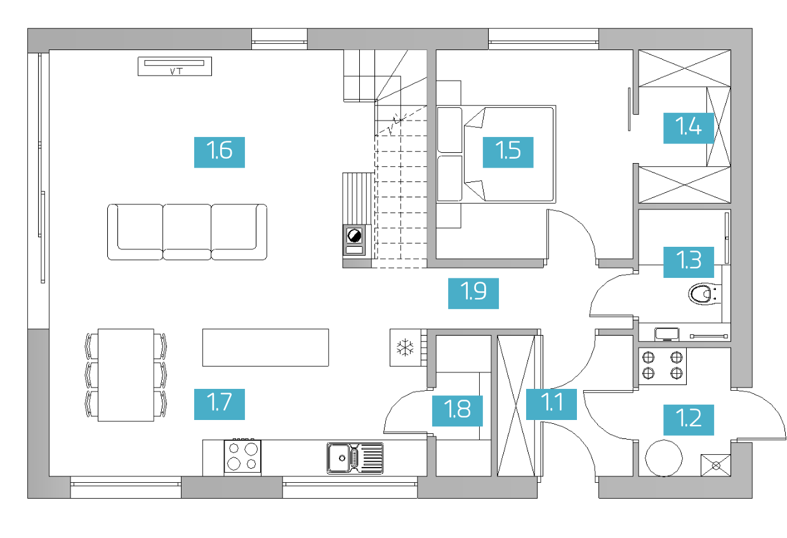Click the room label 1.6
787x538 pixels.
pyautogui.click(x=219, y=152)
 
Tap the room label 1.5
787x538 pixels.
pyautogui.click(x=508, y=152)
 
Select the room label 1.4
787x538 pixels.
pyautogui.click(x=688, y=128)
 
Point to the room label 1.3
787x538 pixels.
pyautogui.click(x=688, y=262)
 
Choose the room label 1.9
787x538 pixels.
pyautogui.click(x=473, y=293)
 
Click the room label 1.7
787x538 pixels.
pyautogui.click(x=219, y=404)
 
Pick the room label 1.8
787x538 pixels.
pyautogui.click(x=457, y=411)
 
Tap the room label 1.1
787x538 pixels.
pyautogui.click(x=552, y=404)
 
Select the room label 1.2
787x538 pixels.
pyautogui.click(x=688, y=420)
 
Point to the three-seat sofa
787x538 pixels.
pyautogui.click(x=187, y=232)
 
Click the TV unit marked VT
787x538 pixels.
pyautogui.click(x=175, y=67)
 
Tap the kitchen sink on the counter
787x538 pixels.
pyautogui.click(x=355, y=458)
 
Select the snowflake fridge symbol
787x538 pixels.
pyautogui.click(x=406, y=347)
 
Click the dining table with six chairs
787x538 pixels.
pyautogui.click(x=126, y=375)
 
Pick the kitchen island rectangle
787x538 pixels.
pyautogui.click(x=265, y=347)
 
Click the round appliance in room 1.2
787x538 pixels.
pyautogui.click(x=664, y=458)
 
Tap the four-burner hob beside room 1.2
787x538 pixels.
pyautogui.click(x=662, y=366)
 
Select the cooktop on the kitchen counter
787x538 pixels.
pyautogui.click(x=242, y=456)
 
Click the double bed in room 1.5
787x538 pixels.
pyautogui.click(x=496, y=154)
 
